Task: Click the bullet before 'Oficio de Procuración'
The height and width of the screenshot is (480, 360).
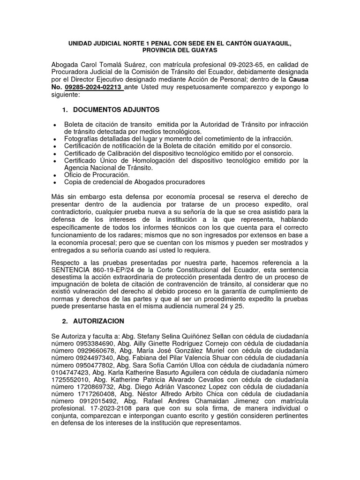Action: [x=55, y=175]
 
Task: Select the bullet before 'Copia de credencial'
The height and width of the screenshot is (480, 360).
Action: [x=55, y=183]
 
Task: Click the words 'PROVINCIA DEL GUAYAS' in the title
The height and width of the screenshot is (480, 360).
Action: [x=180, y=50]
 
